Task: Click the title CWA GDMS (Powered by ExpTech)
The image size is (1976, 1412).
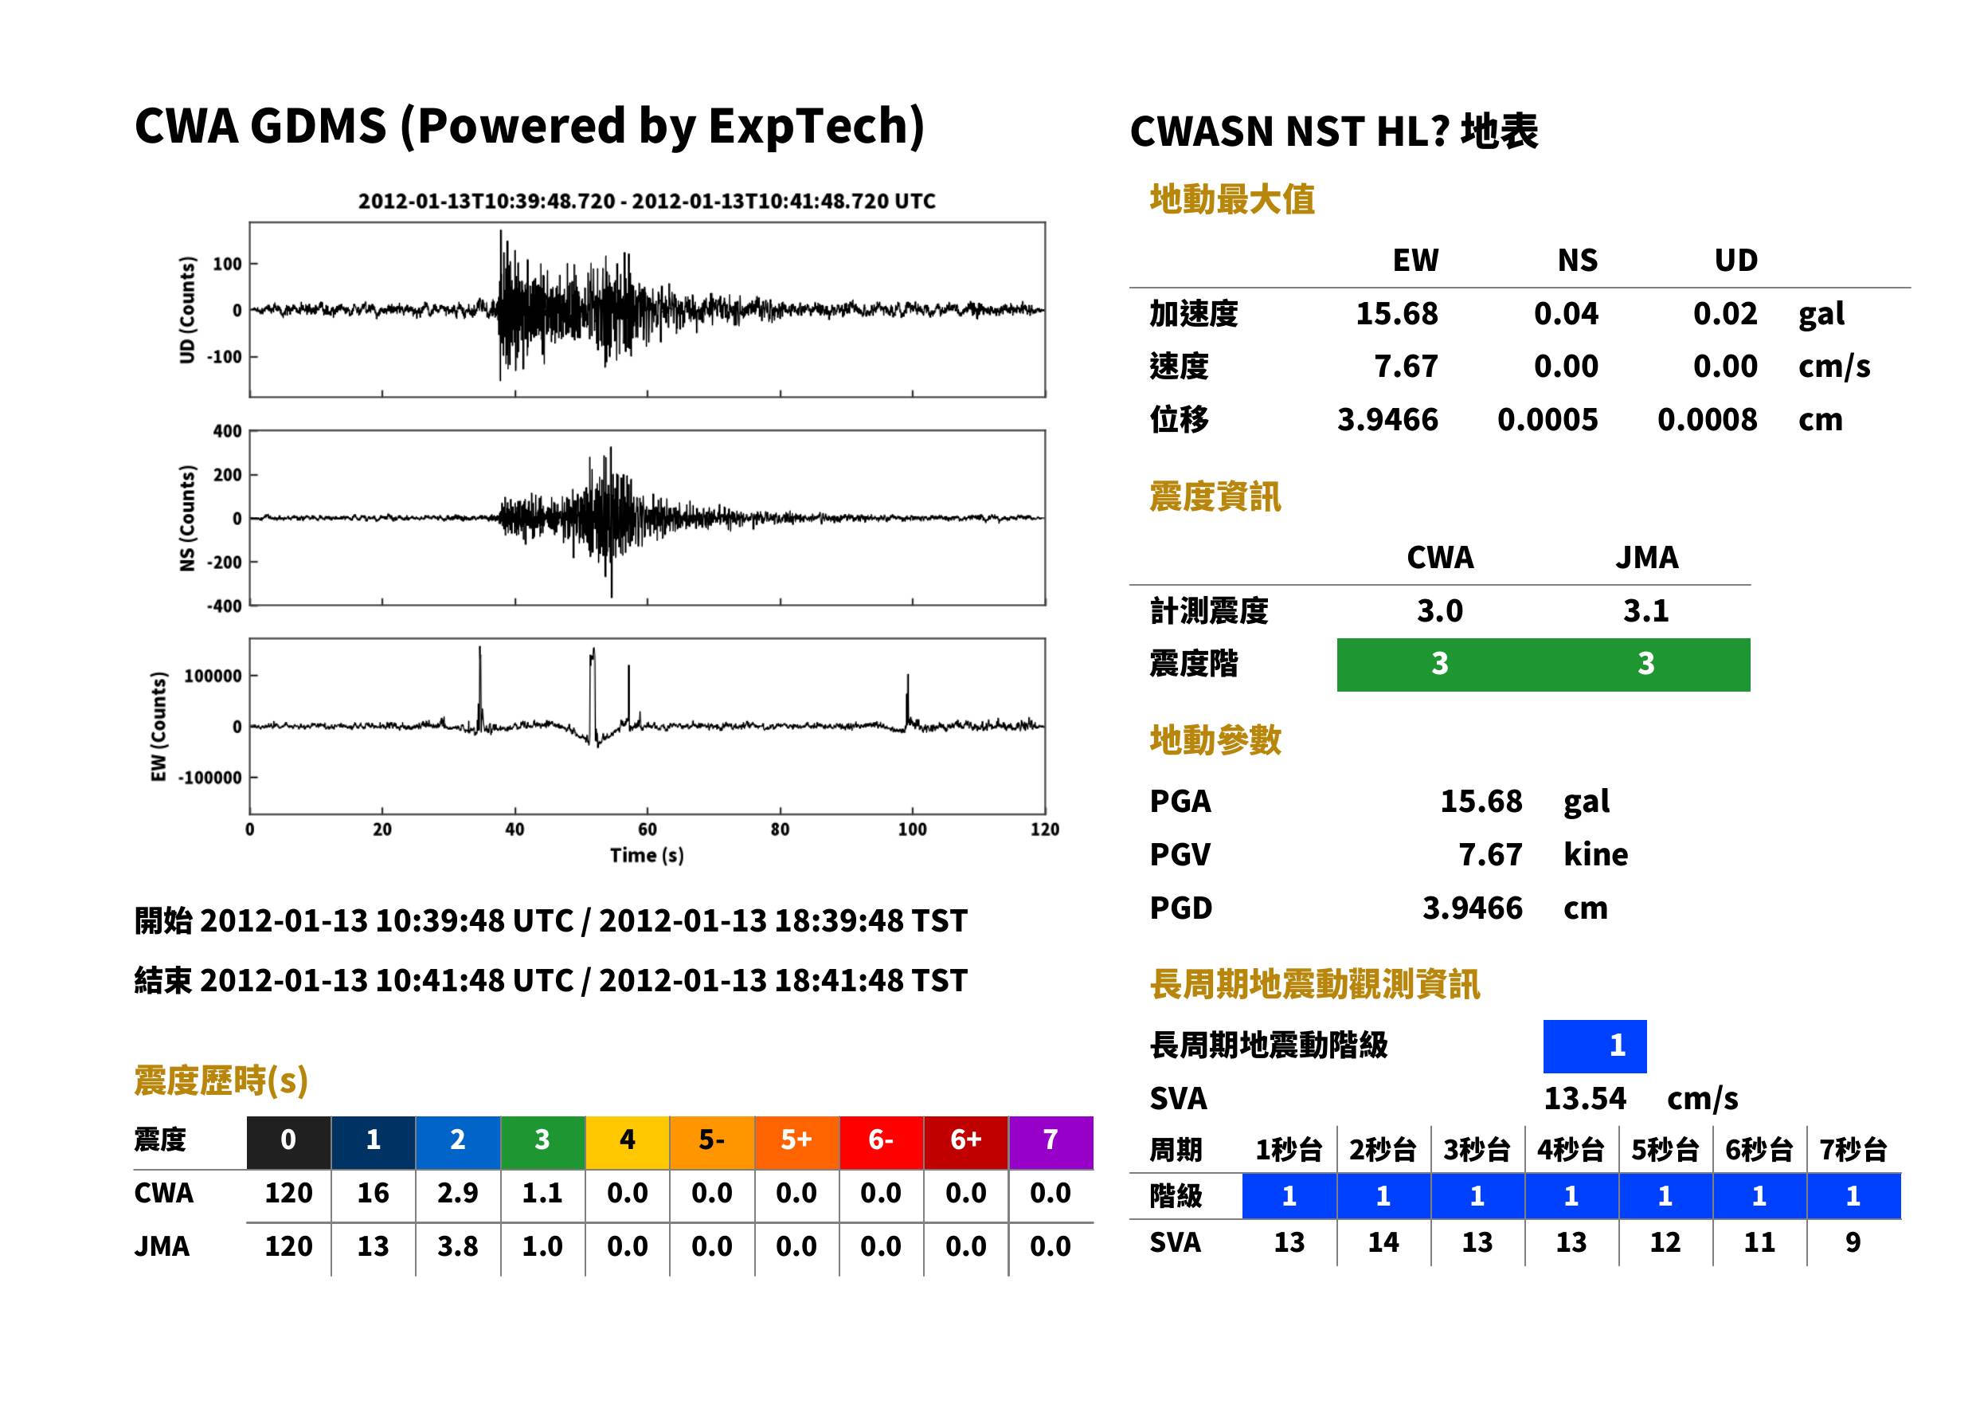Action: click(529, 127)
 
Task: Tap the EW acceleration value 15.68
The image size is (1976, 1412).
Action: click(1395, 314)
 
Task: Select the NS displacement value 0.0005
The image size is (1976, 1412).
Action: click(1547, 420)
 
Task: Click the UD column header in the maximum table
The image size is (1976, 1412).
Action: click(1735, 260)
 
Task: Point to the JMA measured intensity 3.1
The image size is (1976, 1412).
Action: click(1645, 610)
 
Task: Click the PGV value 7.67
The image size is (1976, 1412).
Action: click(1490, 855)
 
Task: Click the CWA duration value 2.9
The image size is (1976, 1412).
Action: click(458, 1193)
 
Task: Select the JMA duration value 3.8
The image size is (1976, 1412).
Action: click(458, 1247)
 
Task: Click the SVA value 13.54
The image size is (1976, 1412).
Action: click(1584, 1099)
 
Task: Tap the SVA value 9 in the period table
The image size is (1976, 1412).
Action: click(1853, 1242)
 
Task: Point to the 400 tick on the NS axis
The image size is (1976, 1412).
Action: click(228, 431)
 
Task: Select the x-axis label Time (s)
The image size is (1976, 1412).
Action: click(647, 856)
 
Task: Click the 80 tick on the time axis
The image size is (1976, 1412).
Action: click(780, 830)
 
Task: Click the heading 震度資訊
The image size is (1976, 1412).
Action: click(1215, 497)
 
